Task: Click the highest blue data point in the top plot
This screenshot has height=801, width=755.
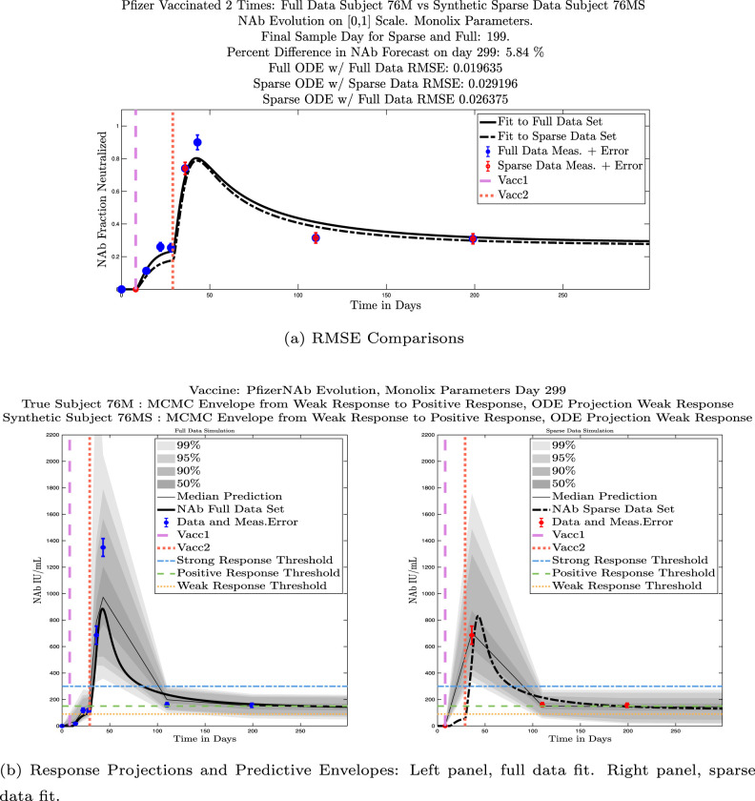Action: pyautogui.click(x=197, y=143)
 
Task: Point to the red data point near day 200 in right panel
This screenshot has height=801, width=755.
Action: pyautogui.click(x=627, y=706)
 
